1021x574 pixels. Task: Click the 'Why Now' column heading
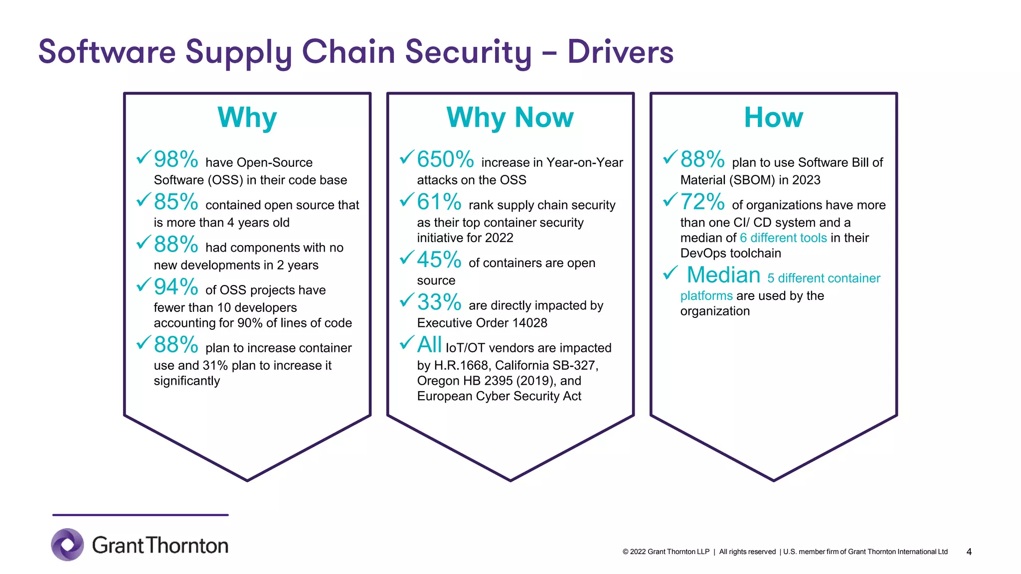click(510, 118)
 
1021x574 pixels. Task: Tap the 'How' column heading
click(773, 118)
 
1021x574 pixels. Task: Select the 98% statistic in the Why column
click(176, 159)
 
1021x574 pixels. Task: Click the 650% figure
click(445, 159)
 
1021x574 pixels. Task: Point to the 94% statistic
click(176, 287)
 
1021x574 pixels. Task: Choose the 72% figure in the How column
click(702, 202)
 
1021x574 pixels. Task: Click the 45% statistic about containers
click(439, 260)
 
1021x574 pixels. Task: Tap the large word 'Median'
click(723, 275)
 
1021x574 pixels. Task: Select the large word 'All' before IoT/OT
click(429, 345)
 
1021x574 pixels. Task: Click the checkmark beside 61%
click(407, 200)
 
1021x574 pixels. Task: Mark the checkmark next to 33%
click(407, 300)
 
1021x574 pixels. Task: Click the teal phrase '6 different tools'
click(783, 238)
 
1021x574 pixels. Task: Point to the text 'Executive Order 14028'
click(482, 323)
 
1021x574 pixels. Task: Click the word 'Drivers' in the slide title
click(620, 52)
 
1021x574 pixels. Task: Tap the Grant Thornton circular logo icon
click(68, 545)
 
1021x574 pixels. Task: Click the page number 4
click(969, 552)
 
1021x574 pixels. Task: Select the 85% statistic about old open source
click(176, 202)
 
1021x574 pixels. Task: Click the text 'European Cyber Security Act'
click(499, 396)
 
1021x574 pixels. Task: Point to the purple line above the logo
click(141, 515)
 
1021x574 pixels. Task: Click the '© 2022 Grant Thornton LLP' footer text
click(666, 552)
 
